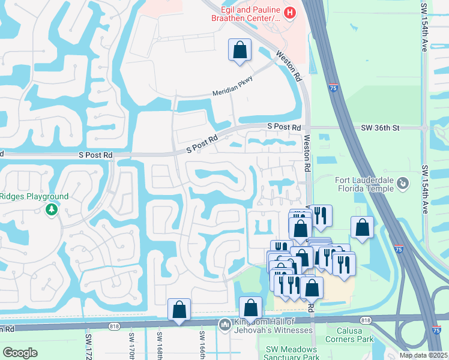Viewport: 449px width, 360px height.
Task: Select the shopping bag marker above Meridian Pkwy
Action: point(240,50)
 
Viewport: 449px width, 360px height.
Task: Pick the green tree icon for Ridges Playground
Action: point(51,209)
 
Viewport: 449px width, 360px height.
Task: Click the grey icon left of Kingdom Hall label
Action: point(225,325)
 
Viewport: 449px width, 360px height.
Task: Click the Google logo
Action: point(20,353)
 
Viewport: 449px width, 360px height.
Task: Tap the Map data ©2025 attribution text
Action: point(423,355)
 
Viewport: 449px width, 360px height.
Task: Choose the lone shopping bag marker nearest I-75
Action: point(362,227)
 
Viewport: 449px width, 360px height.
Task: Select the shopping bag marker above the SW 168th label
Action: point(179,310)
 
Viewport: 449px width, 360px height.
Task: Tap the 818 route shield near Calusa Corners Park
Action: point(367,321)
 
